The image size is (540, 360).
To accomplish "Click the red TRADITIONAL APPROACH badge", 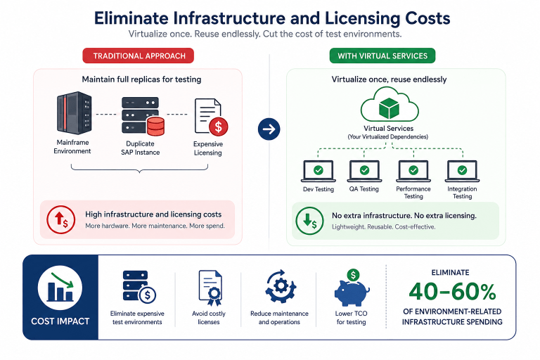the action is click(138, 56).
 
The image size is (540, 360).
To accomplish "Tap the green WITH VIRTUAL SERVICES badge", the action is click(382, 56).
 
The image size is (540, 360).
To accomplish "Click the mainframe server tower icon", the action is click(74, 113).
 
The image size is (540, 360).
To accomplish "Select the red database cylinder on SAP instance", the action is click(155, 126).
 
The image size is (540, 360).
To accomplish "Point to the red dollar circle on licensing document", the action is click(219, 127).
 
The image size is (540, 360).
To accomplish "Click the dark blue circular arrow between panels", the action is click(269, 129).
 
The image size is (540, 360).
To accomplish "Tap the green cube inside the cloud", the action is click(389, 108).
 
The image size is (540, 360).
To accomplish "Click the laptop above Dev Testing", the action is click(319, 171).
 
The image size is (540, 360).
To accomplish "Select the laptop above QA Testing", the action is click(364, 171).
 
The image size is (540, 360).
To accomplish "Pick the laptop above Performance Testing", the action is click(413, 171).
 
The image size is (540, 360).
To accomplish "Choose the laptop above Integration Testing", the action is click(462, 171).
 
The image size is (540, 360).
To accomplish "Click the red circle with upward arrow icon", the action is click(61, 220).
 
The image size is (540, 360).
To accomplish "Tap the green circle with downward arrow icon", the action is click(309, 221).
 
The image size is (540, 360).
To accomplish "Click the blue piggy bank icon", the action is click(352, 289).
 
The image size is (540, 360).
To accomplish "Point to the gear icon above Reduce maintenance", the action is click(281, 286).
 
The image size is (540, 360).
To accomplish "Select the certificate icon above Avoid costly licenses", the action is click(210, 288).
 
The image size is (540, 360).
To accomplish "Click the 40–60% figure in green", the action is click(452, 292).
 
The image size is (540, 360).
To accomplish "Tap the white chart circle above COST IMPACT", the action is click(60, 288).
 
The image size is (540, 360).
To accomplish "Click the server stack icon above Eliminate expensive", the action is click(139, 287).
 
